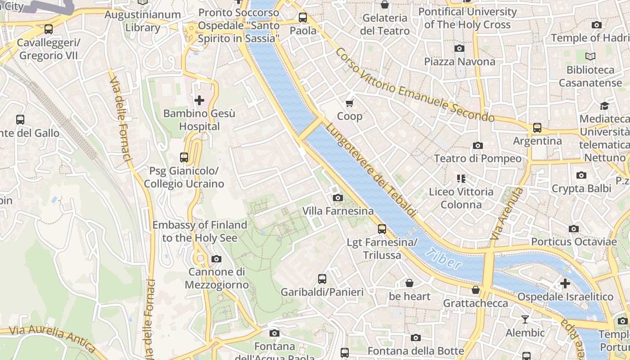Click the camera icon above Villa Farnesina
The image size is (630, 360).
[x=337, y=198]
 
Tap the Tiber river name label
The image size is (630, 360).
[x=443, y=259]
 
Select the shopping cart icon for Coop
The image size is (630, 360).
[x=350, y=103]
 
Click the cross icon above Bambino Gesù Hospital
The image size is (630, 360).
[x=199, y=100]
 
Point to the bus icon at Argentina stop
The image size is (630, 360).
[x=537, y=127]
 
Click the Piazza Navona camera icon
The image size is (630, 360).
[x=459, y=48]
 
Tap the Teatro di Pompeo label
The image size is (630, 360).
[x=477, y=158]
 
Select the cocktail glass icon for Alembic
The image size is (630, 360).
[x=525, y=319]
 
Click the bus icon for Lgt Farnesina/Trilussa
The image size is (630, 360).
[x=382, y=229]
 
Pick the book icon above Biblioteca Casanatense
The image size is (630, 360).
[x=590, y=57]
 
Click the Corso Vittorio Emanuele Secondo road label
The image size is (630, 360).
[x=414, y=86]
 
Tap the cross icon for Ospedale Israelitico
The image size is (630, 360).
[x=565, y=283]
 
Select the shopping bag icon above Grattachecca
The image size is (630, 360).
[x=476, y=290]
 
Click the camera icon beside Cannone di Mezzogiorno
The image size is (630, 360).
[x=216, y=259]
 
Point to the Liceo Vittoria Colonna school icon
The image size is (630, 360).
[x=461, y=179]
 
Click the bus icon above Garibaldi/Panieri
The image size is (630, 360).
[x=322, y=279]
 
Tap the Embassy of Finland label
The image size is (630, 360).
[x=200, y=231]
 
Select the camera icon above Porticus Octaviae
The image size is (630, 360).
[x=574, y=229]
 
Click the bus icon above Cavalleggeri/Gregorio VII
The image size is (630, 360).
[x=49, y=29]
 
